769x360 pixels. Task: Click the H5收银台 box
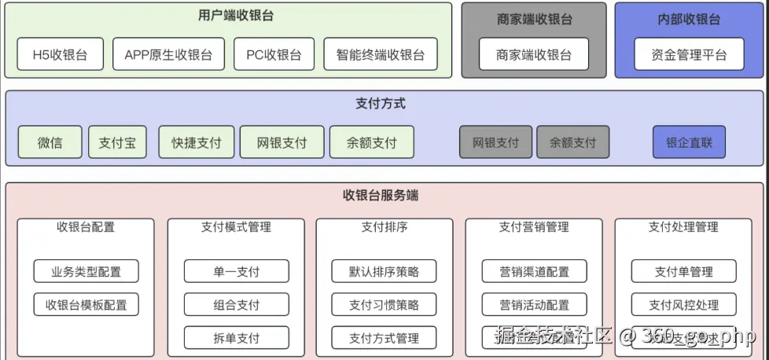pyautogui.click(x=60, y=55)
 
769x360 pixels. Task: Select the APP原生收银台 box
pyautogui.click(x=168, y=55)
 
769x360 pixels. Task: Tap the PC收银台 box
pyautogui.click(x=274, y=55)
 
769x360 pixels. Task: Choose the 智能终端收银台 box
pyautogui.click(x=381, y=55)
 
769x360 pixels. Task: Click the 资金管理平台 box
pyautogui.click(x=689, y=55)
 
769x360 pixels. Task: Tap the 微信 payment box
pyautogui.click(x=50, y=143)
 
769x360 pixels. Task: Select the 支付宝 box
pyautogui.click(x=117, y=143)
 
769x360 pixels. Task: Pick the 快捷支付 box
pyautogui.click(x=197, y=143)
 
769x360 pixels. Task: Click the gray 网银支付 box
pyautogui.click(x=495, y=143)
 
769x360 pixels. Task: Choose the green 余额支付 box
pyautogui.click(x=372, y=143)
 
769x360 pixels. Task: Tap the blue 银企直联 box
pyautogui.click(x=689, y=143)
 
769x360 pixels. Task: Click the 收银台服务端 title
pyautogui.click(x=381, y=195)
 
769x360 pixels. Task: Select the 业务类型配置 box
pyautogui.click(x=86, y=272)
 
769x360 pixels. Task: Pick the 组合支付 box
pyautogui.click(x=236, y=305)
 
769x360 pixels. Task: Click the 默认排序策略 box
pyautogui.click(x=384, y=272)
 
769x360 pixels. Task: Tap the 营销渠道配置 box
pyautogui.click(x=534, y=272)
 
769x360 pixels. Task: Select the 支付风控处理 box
pyautogui.click(x=683, y=305)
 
